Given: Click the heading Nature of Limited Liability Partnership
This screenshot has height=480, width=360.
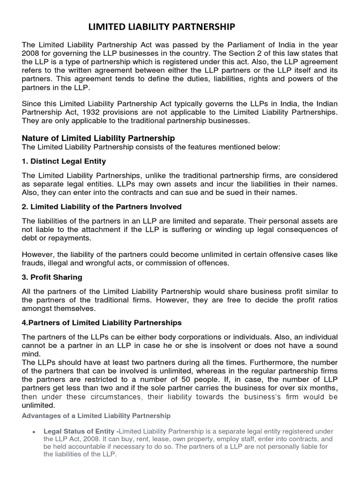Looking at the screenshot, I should coord(98,138).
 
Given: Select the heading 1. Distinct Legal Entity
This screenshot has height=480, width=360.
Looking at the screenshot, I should coord(64,161).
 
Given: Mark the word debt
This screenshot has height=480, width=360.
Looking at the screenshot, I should coord(30,238).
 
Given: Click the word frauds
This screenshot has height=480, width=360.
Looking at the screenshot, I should coord(33,263).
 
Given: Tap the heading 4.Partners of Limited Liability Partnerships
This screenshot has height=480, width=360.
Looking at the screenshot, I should coord(102,323).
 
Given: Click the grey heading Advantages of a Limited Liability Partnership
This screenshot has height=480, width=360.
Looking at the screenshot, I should coord(97,416).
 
